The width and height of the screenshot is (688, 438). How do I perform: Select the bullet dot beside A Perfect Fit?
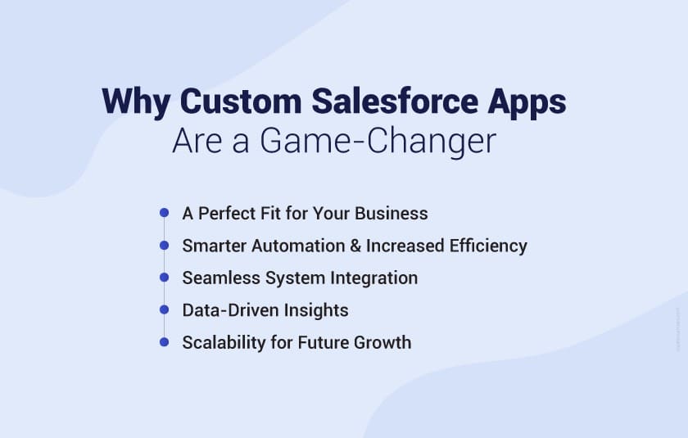pos(164,213)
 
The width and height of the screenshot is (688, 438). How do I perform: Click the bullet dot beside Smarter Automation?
pos(164,246)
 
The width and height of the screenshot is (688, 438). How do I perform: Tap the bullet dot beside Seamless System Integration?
pos(164,278)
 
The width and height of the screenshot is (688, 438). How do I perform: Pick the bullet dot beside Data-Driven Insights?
pos(164,310)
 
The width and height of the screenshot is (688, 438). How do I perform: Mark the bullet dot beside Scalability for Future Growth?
pos(164,342)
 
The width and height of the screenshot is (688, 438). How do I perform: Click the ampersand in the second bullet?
pos(353,246)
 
